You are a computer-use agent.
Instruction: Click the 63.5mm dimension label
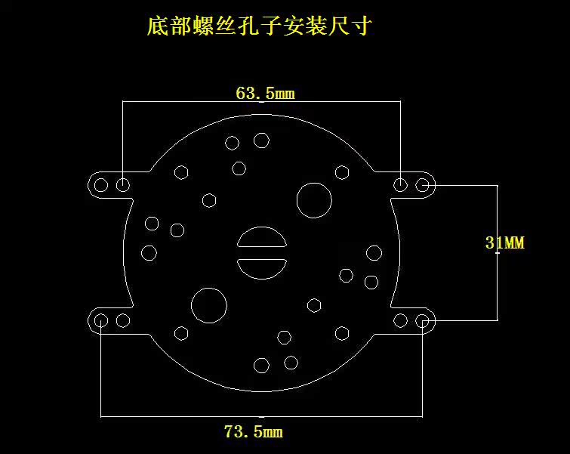pos(264,94)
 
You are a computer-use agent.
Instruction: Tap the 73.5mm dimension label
pos(254,432)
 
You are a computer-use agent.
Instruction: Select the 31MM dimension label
pos(504,242)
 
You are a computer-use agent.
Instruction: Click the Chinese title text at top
pos(259,28)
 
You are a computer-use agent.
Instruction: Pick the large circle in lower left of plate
pos(209,304)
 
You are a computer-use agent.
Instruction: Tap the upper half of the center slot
pos(261,239)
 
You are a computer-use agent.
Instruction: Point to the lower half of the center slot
pos(261,267)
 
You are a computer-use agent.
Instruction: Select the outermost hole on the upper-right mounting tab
pos(423,184)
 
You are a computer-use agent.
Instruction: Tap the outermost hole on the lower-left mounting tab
pos(101,320)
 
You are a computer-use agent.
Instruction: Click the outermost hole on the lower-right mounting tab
pos(423,320)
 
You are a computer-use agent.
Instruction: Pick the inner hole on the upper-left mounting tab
pos(122,184)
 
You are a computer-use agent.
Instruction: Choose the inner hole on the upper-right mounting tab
pos(402,184)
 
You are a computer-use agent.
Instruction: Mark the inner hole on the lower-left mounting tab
pos(122,320)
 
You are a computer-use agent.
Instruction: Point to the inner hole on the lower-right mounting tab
pos(402,320)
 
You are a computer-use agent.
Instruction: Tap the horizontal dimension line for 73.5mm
pos(181,415)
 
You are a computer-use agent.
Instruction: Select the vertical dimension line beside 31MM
pos(497,287)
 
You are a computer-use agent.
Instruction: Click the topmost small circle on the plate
pos(262,140)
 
